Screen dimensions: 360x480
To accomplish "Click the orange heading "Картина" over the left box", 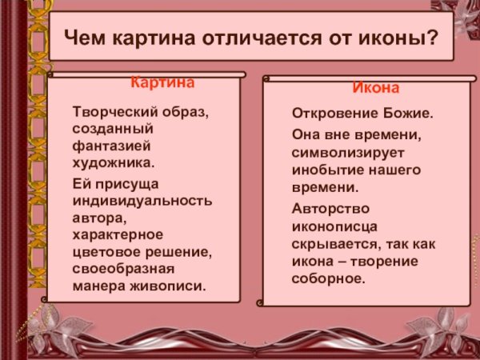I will coord(163,82).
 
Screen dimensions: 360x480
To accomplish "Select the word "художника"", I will coord(113,163).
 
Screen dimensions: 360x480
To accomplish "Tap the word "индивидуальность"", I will coord(142,199).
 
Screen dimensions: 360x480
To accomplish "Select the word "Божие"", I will coord(406,114).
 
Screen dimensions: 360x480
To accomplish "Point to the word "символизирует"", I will coord(342,151).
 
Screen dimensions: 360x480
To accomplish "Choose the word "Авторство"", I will coord(327,208).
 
